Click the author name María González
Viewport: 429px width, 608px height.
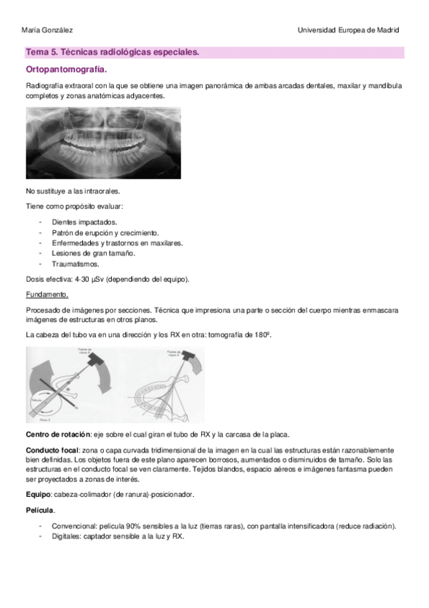point(47,30)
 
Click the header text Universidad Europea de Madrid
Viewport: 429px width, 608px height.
point(349,30)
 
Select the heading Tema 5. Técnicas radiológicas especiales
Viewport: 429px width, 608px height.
point(112,52)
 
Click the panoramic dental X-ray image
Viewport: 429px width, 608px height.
point(102,143)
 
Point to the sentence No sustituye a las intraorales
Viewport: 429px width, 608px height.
point(72,191)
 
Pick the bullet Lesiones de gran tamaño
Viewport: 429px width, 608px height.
point(93,253)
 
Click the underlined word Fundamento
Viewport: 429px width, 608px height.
point(47,294)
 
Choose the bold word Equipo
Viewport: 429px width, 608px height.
point(37,494)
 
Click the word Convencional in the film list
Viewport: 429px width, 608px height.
point(75,526)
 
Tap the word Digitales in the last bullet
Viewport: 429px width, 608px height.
point(67,535)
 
